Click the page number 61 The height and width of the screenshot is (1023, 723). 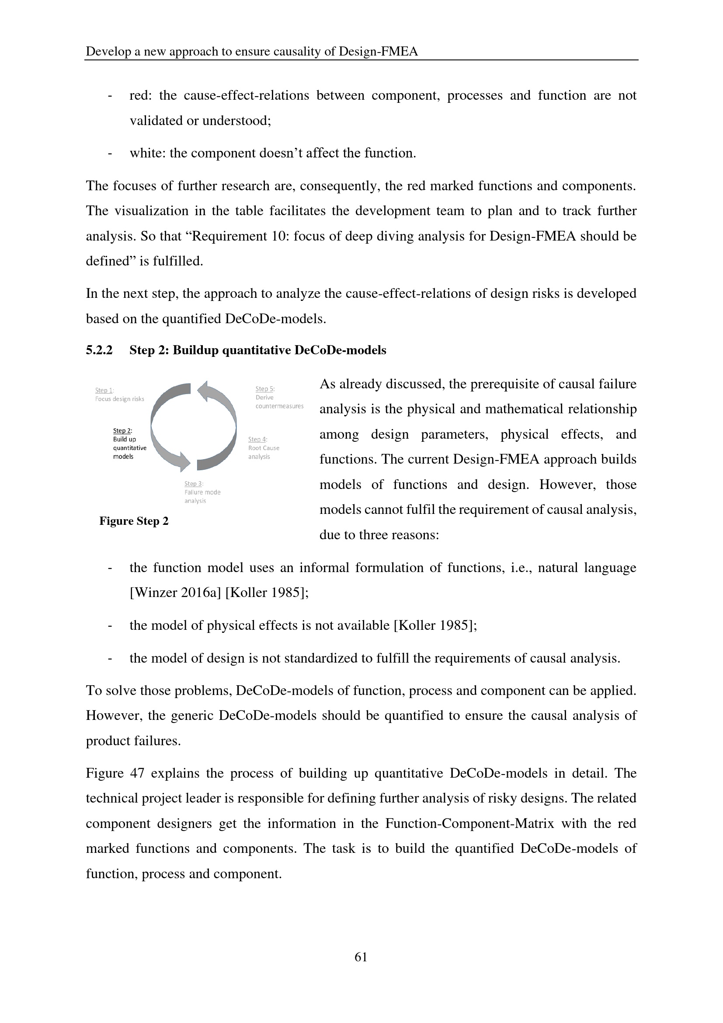click(x=361, y=957)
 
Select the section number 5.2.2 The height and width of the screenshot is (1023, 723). click(x=99, y=351)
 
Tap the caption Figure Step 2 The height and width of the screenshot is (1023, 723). click(x=134, y=521)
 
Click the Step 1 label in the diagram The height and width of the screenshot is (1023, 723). click(x=104, y=390)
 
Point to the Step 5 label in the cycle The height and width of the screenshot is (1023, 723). click(x=265, y=389)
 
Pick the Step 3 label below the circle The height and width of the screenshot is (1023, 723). click(x=194, y=484)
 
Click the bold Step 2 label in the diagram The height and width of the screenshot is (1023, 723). click(x=122, y=431)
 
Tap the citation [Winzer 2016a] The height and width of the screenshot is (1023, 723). click(x=175, y=593)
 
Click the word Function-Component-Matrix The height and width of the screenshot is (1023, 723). click(x=469, y=824)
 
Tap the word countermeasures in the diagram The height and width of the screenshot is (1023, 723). click(x=279, y=406)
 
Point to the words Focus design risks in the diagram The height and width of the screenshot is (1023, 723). click(x=119, y=399)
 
